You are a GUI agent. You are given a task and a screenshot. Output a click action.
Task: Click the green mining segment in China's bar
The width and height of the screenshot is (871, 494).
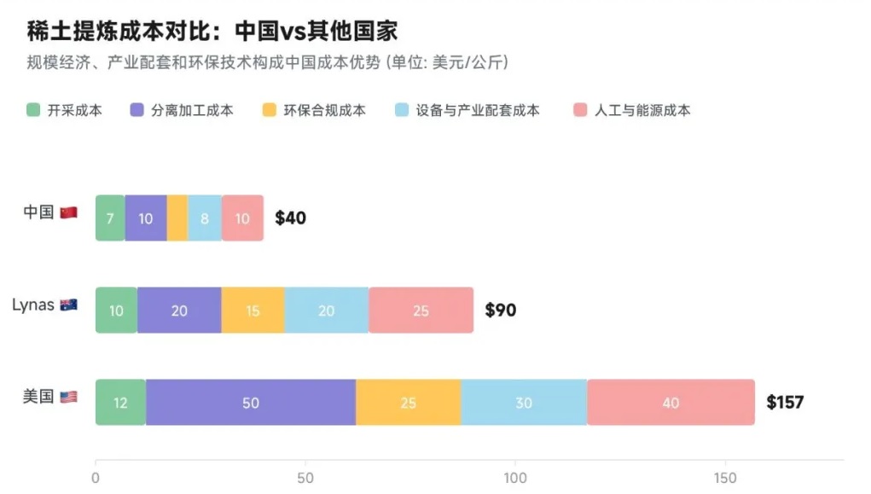[x=110, y=218]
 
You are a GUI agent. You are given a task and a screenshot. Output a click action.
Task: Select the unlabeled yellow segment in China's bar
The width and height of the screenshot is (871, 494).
[x=177, y=218]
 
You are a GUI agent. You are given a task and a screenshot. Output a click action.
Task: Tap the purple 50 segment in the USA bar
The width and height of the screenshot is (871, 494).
[x=250, y=402]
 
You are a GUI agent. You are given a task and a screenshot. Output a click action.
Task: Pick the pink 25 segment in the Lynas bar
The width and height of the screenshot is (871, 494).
[x=421, y=311]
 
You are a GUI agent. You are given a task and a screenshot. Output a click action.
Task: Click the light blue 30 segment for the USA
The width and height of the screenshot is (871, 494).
[x=524, y=402]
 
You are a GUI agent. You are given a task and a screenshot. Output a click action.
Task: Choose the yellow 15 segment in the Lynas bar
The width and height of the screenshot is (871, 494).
[x=253, y=311]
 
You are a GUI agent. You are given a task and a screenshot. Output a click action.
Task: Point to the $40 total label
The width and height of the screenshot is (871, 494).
[x=290, y=218]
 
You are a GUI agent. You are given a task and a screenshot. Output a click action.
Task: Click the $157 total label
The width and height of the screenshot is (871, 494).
[x=785, y=402]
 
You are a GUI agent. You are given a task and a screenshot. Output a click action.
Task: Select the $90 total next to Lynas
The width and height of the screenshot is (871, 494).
[x=500, y=311]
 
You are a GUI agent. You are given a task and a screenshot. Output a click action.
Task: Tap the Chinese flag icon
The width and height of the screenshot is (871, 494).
[x=69, y=212]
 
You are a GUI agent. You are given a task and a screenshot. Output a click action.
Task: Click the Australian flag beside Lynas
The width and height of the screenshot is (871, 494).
[x=69, y=305]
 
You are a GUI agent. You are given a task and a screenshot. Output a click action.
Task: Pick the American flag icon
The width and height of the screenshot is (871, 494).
[x=69, y=397]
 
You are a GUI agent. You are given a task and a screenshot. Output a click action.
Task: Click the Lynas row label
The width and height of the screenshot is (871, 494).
[x=33, y=305]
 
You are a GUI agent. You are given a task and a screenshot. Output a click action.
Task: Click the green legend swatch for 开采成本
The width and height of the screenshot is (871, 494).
[x=33, y=110]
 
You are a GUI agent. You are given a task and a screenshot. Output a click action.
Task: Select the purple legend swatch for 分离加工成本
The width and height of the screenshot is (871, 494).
[x=136, y=110]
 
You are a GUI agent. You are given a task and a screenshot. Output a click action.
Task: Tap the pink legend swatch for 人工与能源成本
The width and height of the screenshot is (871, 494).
[x=581, y=110]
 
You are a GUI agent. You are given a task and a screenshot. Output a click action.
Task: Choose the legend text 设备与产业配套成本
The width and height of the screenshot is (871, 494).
[x=478, y=110]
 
